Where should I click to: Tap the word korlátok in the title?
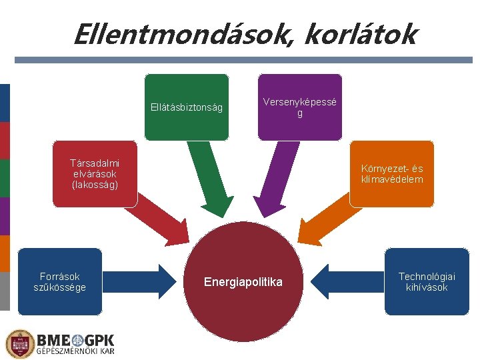pos(360,34)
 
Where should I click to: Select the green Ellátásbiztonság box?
pos(187,107)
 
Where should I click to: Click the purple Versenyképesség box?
pos(300,107)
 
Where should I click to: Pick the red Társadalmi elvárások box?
pos(95,174)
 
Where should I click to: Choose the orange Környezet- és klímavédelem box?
pos(392,174)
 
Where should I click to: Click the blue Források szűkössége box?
pos(60,282)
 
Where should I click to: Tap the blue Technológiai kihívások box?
pos(427,282)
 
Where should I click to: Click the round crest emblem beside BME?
pos(19,344)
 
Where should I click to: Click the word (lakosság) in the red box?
pos(95,184)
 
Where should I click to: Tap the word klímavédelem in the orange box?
pos(392,179)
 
